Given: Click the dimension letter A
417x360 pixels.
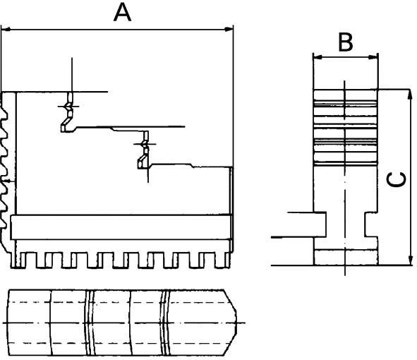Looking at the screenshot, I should [x=123, y=13].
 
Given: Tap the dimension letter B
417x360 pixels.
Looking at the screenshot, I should [x=345, y=42].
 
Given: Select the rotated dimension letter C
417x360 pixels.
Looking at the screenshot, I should [x=397, y=179].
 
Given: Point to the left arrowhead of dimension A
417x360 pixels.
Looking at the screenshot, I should [x=6, y=29].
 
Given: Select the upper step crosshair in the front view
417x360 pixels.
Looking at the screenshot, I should [x=71, y=106].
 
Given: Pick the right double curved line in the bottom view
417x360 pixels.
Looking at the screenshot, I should [x=165, y=322].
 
